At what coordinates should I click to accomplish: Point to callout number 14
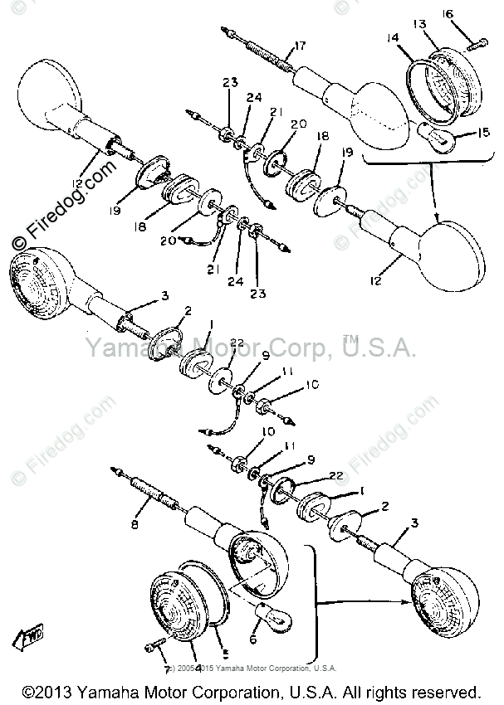(x=392, y=37)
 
